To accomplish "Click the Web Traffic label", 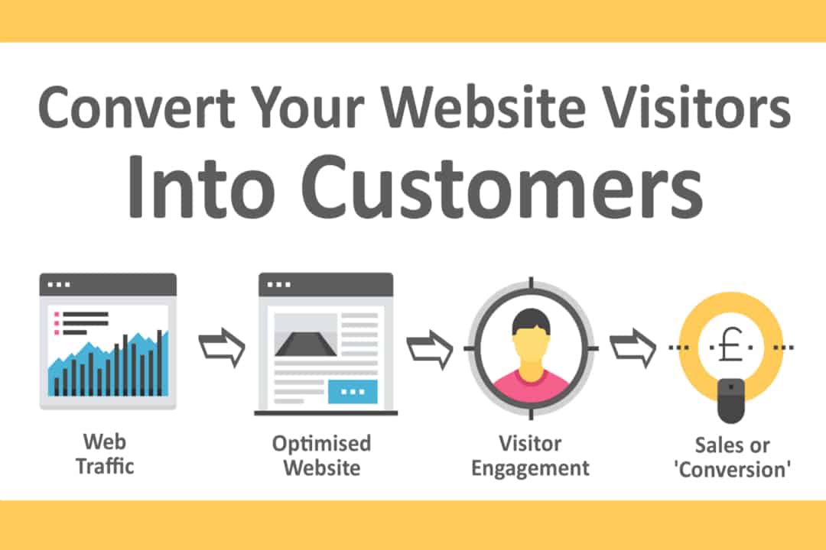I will [105, 453].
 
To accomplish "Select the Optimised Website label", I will [321, 455].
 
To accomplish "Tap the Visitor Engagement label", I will [530, 455].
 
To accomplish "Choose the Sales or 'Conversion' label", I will [732, 458].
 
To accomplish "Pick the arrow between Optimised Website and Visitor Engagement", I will [429, 348].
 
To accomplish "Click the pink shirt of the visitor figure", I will [531, 382].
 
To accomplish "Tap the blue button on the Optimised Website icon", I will [352, 391].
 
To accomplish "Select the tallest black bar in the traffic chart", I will [159, 362].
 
